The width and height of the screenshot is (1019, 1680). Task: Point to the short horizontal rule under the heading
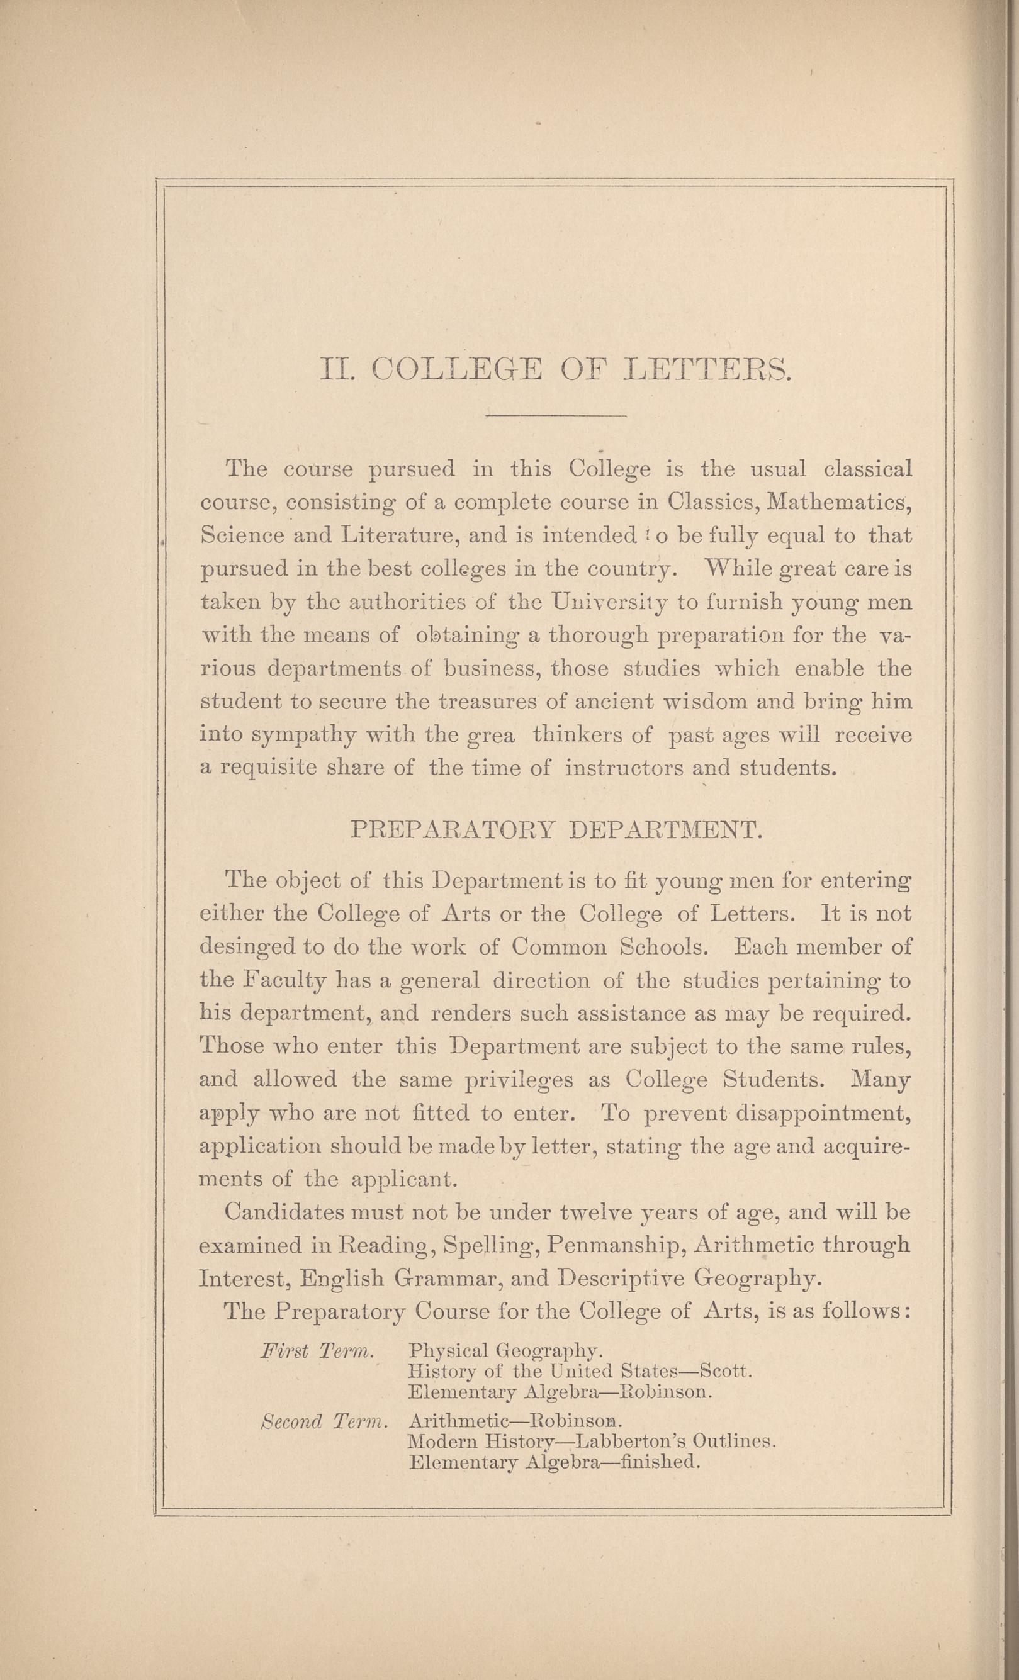point(555,415)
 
